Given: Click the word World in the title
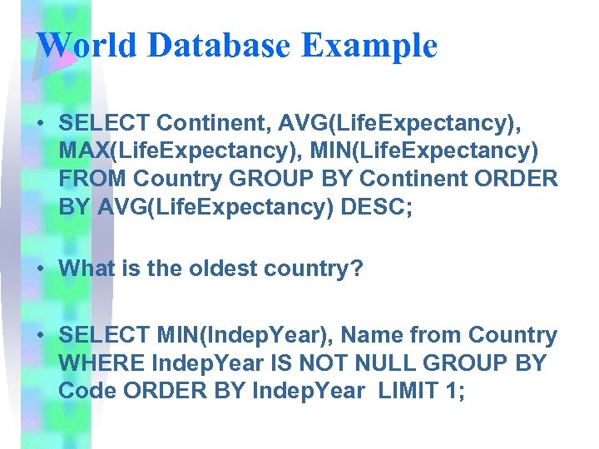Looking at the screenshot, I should coord(87,45).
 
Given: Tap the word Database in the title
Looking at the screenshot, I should coord(217,45).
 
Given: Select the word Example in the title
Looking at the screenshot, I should coord(369,45).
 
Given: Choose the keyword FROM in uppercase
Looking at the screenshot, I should coord(92,179).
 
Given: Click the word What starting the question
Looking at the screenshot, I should coord(86,269).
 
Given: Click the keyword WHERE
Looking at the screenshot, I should coord(94,363).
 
